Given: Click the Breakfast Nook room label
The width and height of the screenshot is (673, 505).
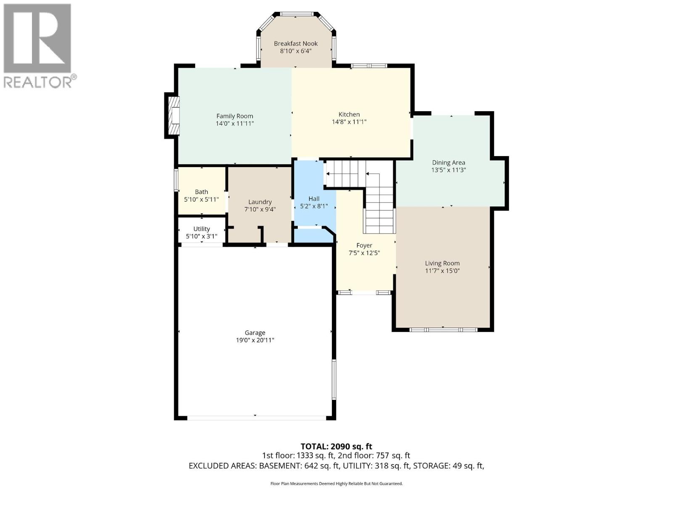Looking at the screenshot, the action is tap(296, 43).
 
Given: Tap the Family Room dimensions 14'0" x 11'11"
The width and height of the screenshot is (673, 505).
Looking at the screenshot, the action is tap(235, 124).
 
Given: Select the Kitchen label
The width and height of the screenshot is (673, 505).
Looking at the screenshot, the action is tap(349, 114).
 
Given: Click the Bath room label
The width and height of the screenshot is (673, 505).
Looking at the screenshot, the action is tap(201, 192).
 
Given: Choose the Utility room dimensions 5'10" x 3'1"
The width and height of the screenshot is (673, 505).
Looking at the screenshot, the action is tap(201, 237).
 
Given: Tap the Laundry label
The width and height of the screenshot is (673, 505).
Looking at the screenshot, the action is tap(260, 202).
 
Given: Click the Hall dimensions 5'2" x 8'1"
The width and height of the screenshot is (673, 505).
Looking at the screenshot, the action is tap(314, 206).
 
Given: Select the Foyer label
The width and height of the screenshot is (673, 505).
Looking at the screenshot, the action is tap(364, 246).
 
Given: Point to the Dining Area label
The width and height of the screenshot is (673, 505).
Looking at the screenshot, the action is tap(448, 162).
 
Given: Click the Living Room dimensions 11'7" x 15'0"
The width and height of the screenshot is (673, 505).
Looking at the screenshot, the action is tap(442, 271).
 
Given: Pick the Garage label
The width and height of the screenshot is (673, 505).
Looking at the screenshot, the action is tap(255, 333).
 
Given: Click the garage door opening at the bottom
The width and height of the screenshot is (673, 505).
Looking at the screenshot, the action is tap(257, 417).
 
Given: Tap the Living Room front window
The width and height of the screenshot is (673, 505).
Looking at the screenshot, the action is tap(443, 330).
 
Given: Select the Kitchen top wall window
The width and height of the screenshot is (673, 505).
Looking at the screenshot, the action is tap(369, 66).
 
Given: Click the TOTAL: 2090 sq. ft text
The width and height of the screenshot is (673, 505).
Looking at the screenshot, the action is tap(336, 447).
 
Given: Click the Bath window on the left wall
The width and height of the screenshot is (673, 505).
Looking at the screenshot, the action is tap(176, 180).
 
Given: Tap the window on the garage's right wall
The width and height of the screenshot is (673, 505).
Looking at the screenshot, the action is tap(334, 379).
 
